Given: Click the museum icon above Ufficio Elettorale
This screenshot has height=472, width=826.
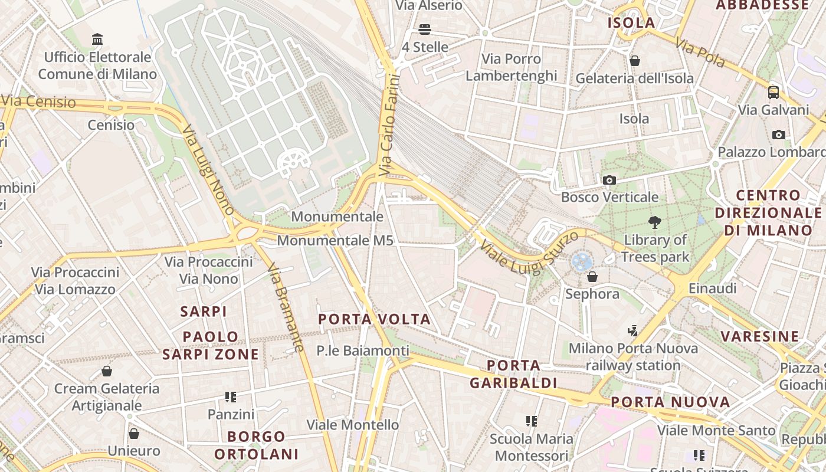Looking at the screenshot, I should click(x=97, y=40).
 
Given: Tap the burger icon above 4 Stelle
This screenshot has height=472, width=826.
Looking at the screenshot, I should click(x=425, y=29).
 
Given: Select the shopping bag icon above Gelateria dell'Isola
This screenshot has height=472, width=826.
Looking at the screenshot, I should click(x=635, y=60).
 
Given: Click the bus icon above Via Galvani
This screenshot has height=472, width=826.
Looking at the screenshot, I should click(x=773, y=92).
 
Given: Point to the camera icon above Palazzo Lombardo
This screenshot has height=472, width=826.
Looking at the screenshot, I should click(x=779, y=135).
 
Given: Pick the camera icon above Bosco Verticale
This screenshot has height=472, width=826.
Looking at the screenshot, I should click(x=609, y=179).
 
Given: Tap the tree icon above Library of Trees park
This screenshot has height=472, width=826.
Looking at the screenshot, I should click(x=654, y=222).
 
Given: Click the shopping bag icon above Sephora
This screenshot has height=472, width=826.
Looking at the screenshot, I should click(x=592, y=276).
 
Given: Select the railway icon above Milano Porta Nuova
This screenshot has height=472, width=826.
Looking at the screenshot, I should click(x=633, y=330).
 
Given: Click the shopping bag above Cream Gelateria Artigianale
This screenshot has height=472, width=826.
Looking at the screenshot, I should click(x=107, y=371).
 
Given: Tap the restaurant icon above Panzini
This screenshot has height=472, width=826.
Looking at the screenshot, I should click(x=231, y=396).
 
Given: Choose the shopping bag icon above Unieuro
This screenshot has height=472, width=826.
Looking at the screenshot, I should click(x=134, y=433).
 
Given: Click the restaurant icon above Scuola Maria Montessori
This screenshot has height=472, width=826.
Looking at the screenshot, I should click(x=532, y=421).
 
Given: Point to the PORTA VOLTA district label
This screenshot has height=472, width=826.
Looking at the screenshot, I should click(x=375, y=319).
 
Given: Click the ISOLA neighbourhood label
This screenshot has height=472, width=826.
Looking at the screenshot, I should click(x=631, y=23).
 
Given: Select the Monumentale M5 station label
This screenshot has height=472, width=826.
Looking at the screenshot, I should click(x=335, y=240).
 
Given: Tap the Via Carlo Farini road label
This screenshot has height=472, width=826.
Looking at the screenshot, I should click(x=390, y=125).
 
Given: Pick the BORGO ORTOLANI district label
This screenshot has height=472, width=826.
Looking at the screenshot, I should click(x=257, y=445).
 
